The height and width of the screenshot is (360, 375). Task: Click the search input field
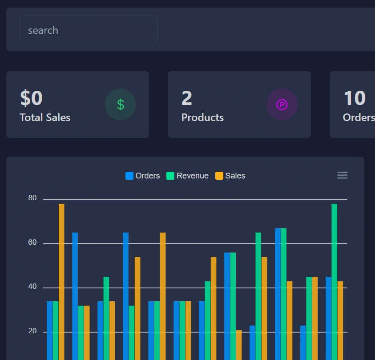[x=88, y=30]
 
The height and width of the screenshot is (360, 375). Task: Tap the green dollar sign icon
[x=120, y=105]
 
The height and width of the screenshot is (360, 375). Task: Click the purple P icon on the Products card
[x=282, y=105]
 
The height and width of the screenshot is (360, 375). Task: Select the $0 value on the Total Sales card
[x=31, y=98]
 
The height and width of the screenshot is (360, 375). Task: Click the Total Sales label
[x=45, y=117]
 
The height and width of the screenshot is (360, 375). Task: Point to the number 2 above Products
[x=187, y=98]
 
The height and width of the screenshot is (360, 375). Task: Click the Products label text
[x=202, y=117]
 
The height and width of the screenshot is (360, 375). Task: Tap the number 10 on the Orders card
[x=354, y=98]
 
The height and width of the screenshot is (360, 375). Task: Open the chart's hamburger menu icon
[x=342, y=175]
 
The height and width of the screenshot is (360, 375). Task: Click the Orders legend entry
[x=143, y=176]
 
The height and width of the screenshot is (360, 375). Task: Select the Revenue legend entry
[x=188, y=176]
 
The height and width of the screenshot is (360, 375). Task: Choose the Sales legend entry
[x=230, y=176]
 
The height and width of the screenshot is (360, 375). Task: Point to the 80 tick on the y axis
[x=32, y=198]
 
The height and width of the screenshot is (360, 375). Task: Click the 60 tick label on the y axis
[x=32, y=243]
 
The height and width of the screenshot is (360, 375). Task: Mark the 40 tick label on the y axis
[x=32, y=287]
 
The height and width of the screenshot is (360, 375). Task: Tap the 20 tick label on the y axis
[x=32, y=332]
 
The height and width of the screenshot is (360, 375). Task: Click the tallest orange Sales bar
[x=61, y=280]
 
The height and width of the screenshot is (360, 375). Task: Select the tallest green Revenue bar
[x=334, y=280]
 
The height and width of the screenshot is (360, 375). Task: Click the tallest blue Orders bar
[x=278, y=294]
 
